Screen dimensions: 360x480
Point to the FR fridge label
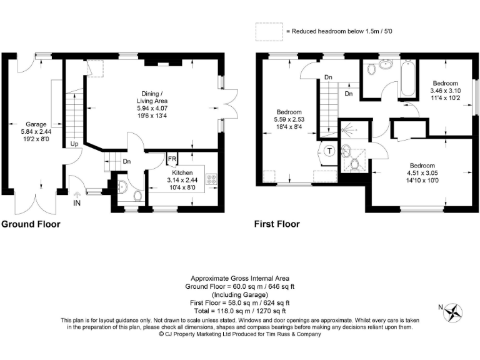pyautogui.click(x=171, y=158)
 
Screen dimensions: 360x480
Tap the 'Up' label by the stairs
pyautogui.click(x=74, y=144)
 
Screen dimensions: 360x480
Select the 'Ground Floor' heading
pyautogui.click(x=31, y=224)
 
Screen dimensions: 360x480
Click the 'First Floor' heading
pyautogui.click(x=277, y=224)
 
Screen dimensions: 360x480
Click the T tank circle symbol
pyautogui.click(x=329, y=151)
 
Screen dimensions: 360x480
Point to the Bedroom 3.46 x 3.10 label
pyautogui.click(x=444, y=91)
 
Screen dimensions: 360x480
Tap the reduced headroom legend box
pyautogui.click(x=267, y=31)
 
